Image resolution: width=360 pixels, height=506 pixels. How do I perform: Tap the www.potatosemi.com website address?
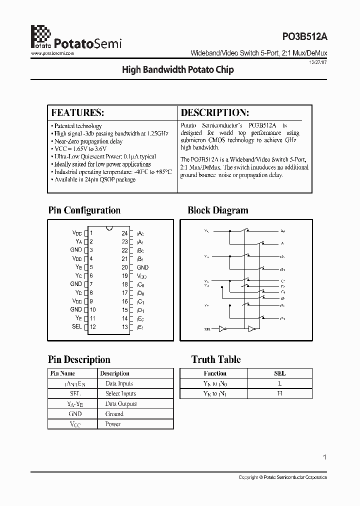[53, 52]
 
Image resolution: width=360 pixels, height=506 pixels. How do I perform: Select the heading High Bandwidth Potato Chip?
[178, 70]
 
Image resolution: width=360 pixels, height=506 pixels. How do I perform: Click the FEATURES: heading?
[77, 112]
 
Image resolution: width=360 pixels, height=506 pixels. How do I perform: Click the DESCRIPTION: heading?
[214, 112]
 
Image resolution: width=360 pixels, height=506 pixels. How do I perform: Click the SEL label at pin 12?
[76, 326]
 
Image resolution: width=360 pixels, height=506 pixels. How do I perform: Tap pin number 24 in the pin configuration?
[125, 233]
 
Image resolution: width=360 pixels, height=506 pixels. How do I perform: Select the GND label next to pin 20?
[142, 267]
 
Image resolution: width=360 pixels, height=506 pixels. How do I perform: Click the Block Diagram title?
[217, 210]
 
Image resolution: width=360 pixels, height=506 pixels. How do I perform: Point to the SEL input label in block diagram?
[207, 329]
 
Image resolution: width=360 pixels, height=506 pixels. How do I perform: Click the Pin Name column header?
[63, 373]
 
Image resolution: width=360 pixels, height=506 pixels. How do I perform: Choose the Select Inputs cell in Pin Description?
[120, 393]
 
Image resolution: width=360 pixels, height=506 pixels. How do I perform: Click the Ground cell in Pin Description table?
[114, 414]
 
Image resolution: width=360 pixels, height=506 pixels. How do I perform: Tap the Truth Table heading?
[216, 359]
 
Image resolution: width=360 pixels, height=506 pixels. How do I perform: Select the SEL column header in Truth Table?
[280, 373]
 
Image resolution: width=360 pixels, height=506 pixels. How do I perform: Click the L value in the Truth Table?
[280, 383]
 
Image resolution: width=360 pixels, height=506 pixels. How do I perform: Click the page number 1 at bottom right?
[325, 457]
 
